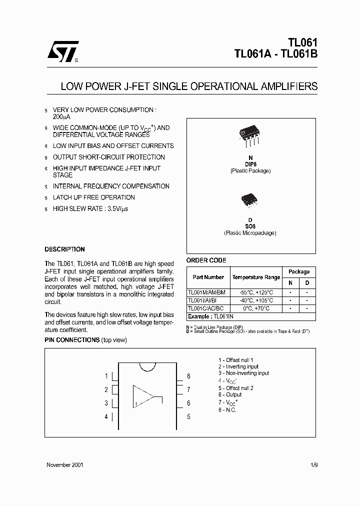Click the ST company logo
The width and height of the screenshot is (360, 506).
[x=62, y=51]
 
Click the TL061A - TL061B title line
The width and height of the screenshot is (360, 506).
[x=275, y=55]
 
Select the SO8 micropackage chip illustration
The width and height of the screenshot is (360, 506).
[x=250, y=200]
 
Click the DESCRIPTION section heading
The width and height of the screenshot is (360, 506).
[x=64, y=249]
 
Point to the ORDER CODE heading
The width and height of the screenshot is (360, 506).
[x=206, y=260]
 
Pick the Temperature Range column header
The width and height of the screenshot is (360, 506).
[x=256, y=277]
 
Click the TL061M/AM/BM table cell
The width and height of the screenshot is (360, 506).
[x=206, y=292]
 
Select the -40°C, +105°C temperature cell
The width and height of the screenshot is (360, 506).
[x=256, y=300]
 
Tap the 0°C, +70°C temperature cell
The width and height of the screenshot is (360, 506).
[x=256, y=308]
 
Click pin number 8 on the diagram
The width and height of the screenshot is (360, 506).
[x=188, y=376]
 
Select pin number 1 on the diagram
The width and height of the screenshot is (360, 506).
[x=106, y=376]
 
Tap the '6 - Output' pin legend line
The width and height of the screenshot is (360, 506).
[x=229, y=395]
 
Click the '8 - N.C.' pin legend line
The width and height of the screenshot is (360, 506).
[x=227, y=410]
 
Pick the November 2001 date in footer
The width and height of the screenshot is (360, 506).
[x=65, y=464]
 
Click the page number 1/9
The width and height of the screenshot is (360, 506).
[x=313, y=464]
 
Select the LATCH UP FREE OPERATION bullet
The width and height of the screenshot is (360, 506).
[x=94, y=197]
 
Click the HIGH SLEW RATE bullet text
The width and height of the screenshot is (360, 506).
[x=90, y=208]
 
